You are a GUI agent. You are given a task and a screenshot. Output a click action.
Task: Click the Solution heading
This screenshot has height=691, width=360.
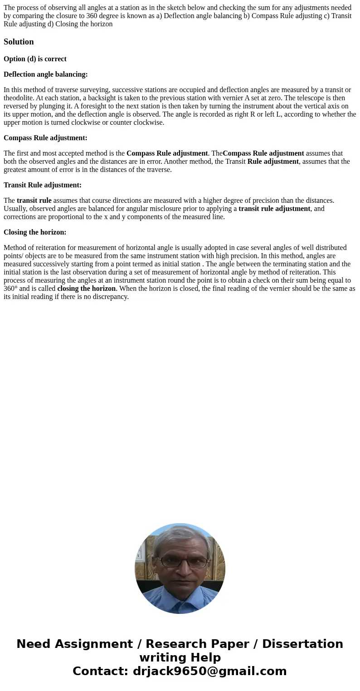tap(19, 42)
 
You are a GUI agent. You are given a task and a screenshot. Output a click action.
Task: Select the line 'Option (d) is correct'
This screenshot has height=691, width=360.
tap(35, 59)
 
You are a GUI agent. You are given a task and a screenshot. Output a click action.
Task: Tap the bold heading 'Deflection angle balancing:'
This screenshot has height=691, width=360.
tap(45, 74)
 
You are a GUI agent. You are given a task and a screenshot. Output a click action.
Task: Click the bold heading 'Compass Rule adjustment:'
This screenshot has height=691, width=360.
tap(45, 138)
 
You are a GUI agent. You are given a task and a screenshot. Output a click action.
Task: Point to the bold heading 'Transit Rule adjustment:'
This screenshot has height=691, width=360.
tap(43, 185)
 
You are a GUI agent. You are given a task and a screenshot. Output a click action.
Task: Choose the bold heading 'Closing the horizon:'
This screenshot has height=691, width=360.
tap(35, 232)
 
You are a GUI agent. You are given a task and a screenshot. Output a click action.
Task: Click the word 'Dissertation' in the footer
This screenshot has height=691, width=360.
tap(302, 644)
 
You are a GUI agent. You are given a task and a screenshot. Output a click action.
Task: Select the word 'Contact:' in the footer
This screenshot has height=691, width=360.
tap(100, 671)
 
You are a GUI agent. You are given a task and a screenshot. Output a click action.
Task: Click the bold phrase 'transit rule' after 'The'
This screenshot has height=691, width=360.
tap(34, 201)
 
